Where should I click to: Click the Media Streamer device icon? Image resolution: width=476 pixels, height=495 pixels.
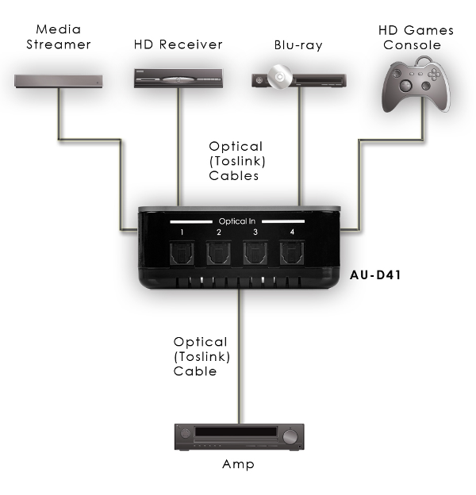coord(59,80)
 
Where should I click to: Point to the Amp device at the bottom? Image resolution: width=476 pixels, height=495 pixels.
coord(239,436)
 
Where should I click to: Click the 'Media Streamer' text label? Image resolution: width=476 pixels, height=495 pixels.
coord(59,37)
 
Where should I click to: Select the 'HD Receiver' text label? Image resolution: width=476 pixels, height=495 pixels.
coord(178,44)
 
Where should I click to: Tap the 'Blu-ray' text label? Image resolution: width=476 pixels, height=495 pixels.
coord(298,45)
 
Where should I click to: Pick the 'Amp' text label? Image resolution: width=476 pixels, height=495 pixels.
coord(238,464)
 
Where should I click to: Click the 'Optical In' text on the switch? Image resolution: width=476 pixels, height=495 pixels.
coord(236,220)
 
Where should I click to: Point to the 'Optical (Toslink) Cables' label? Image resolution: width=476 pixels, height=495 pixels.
coord(236,161)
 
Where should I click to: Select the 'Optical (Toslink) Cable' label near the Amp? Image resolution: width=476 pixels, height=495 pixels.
coord(199,355)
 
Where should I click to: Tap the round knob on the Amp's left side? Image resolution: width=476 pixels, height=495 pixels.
coord(187,436)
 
